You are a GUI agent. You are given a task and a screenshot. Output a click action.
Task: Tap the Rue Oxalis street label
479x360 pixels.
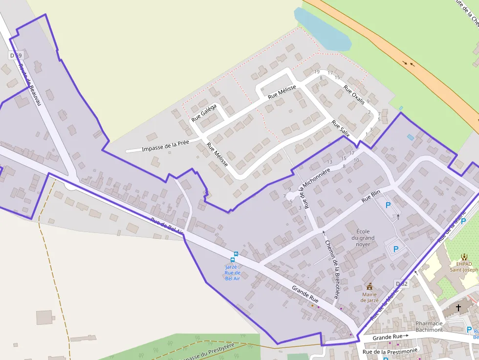click(x=354, y=95)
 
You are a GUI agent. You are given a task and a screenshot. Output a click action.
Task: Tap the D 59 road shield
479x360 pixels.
click(x=16, y=56)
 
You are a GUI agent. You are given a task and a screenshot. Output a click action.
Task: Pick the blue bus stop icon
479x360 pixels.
click(x=236, y=254)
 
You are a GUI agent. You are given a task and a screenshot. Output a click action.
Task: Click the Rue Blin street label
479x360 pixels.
click(x=371, y=196)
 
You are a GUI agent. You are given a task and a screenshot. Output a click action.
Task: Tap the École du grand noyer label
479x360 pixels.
click(x=366, y=237)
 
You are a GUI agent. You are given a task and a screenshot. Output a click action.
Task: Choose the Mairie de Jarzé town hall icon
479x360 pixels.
click(x=370, y=286)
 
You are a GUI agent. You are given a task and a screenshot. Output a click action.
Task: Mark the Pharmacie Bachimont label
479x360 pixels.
click(x=429, y=326)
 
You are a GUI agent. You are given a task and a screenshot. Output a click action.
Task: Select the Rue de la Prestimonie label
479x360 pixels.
click(x=390, y=351)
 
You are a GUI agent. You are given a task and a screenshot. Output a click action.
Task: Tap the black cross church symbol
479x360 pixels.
click(x=458, y=308)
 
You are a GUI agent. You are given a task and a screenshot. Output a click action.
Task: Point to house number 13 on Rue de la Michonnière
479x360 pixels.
click(x=329, y=162)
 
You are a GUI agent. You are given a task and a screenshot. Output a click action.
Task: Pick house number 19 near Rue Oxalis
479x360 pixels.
click(x=317, y=72)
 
